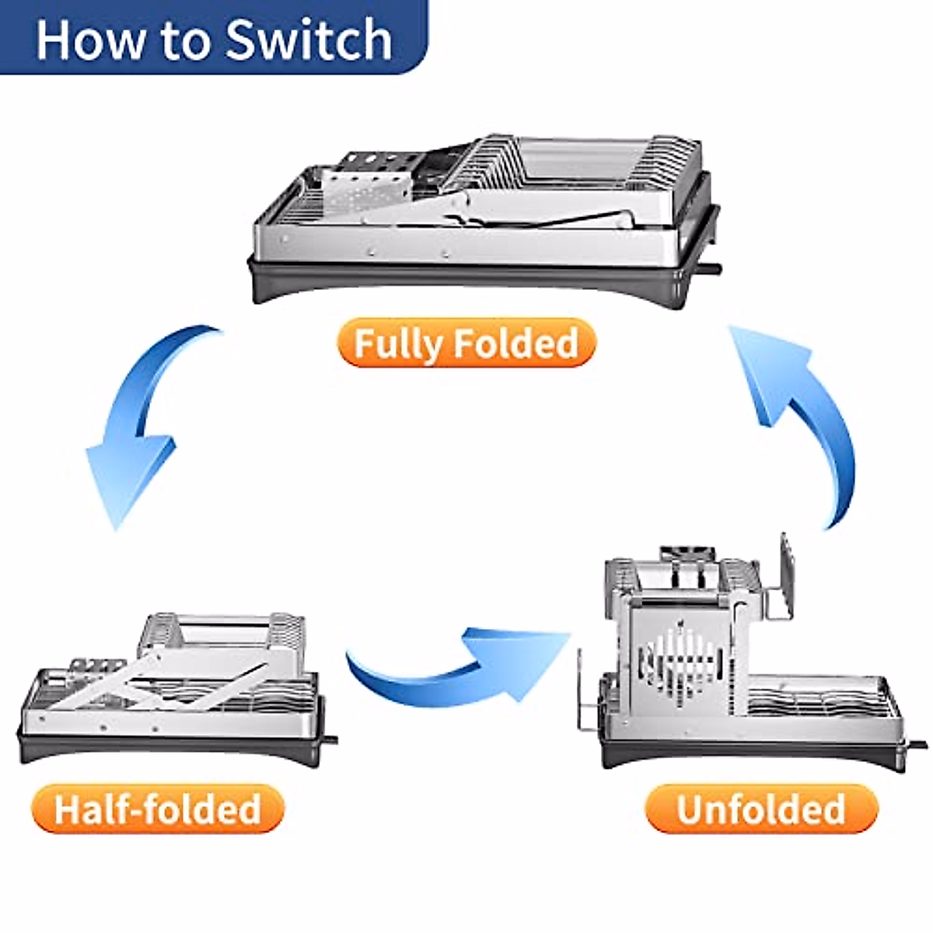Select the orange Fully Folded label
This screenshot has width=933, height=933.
466,343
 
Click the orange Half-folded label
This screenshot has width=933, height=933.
159,809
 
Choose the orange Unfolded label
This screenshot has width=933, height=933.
761,809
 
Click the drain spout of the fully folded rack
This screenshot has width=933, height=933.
711,267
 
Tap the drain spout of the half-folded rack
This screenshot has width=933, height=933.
330,740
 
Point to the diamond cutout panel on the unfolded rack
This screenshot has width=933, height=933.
677,664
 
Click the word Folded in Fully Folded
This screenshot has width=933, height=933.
515,343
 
